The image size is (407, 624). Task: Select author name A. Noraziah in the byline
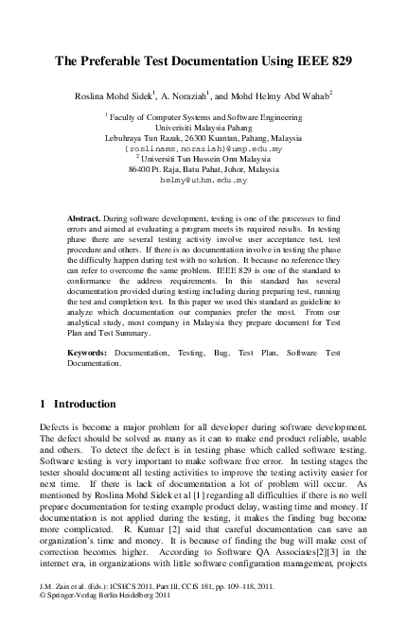(193, 95)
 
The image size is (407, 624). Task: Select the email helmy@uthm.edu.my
(203, 179)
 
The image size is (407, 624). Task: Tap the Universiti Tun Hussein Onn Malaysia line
(204, 159)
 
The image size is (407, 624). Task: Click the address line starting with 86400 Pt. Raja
(203, 168)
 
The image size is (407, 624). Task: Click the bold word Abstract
(87, 218)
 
